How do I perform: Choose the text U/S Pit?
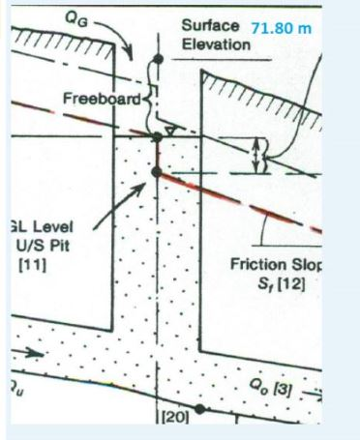pos(40,248)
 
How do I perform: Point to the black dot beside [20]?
pos(198,410)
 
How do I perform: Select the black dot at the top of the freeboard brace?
pos(157,60)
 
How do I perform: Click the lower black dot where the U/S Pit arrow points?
pos(157,172)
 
